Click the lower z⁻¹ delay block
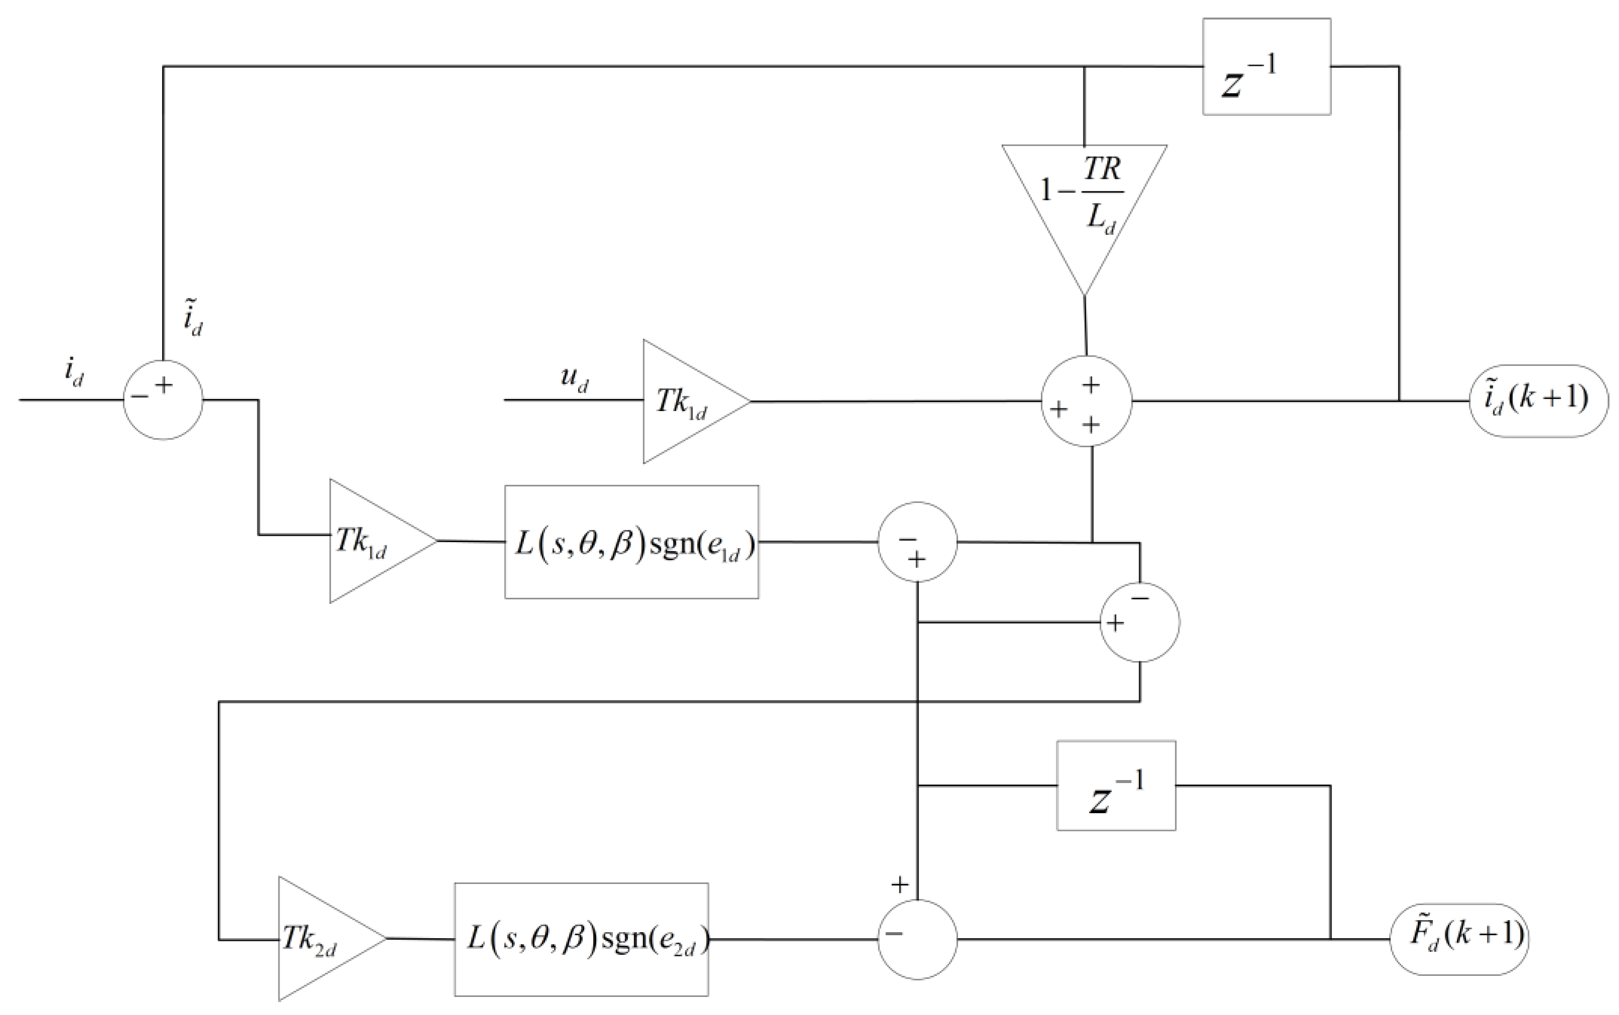pos(1116,786)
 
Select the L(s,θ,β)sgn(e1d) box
pos(631,542)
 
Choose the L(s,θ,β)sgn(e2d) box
pos(581,939)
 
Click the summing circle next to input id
pos(163,401)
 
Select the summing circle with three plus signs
pos(1086,402)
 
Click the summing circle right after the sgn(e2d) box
pos(917,939)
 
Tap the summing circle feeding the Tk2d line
pos(1140,622)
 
